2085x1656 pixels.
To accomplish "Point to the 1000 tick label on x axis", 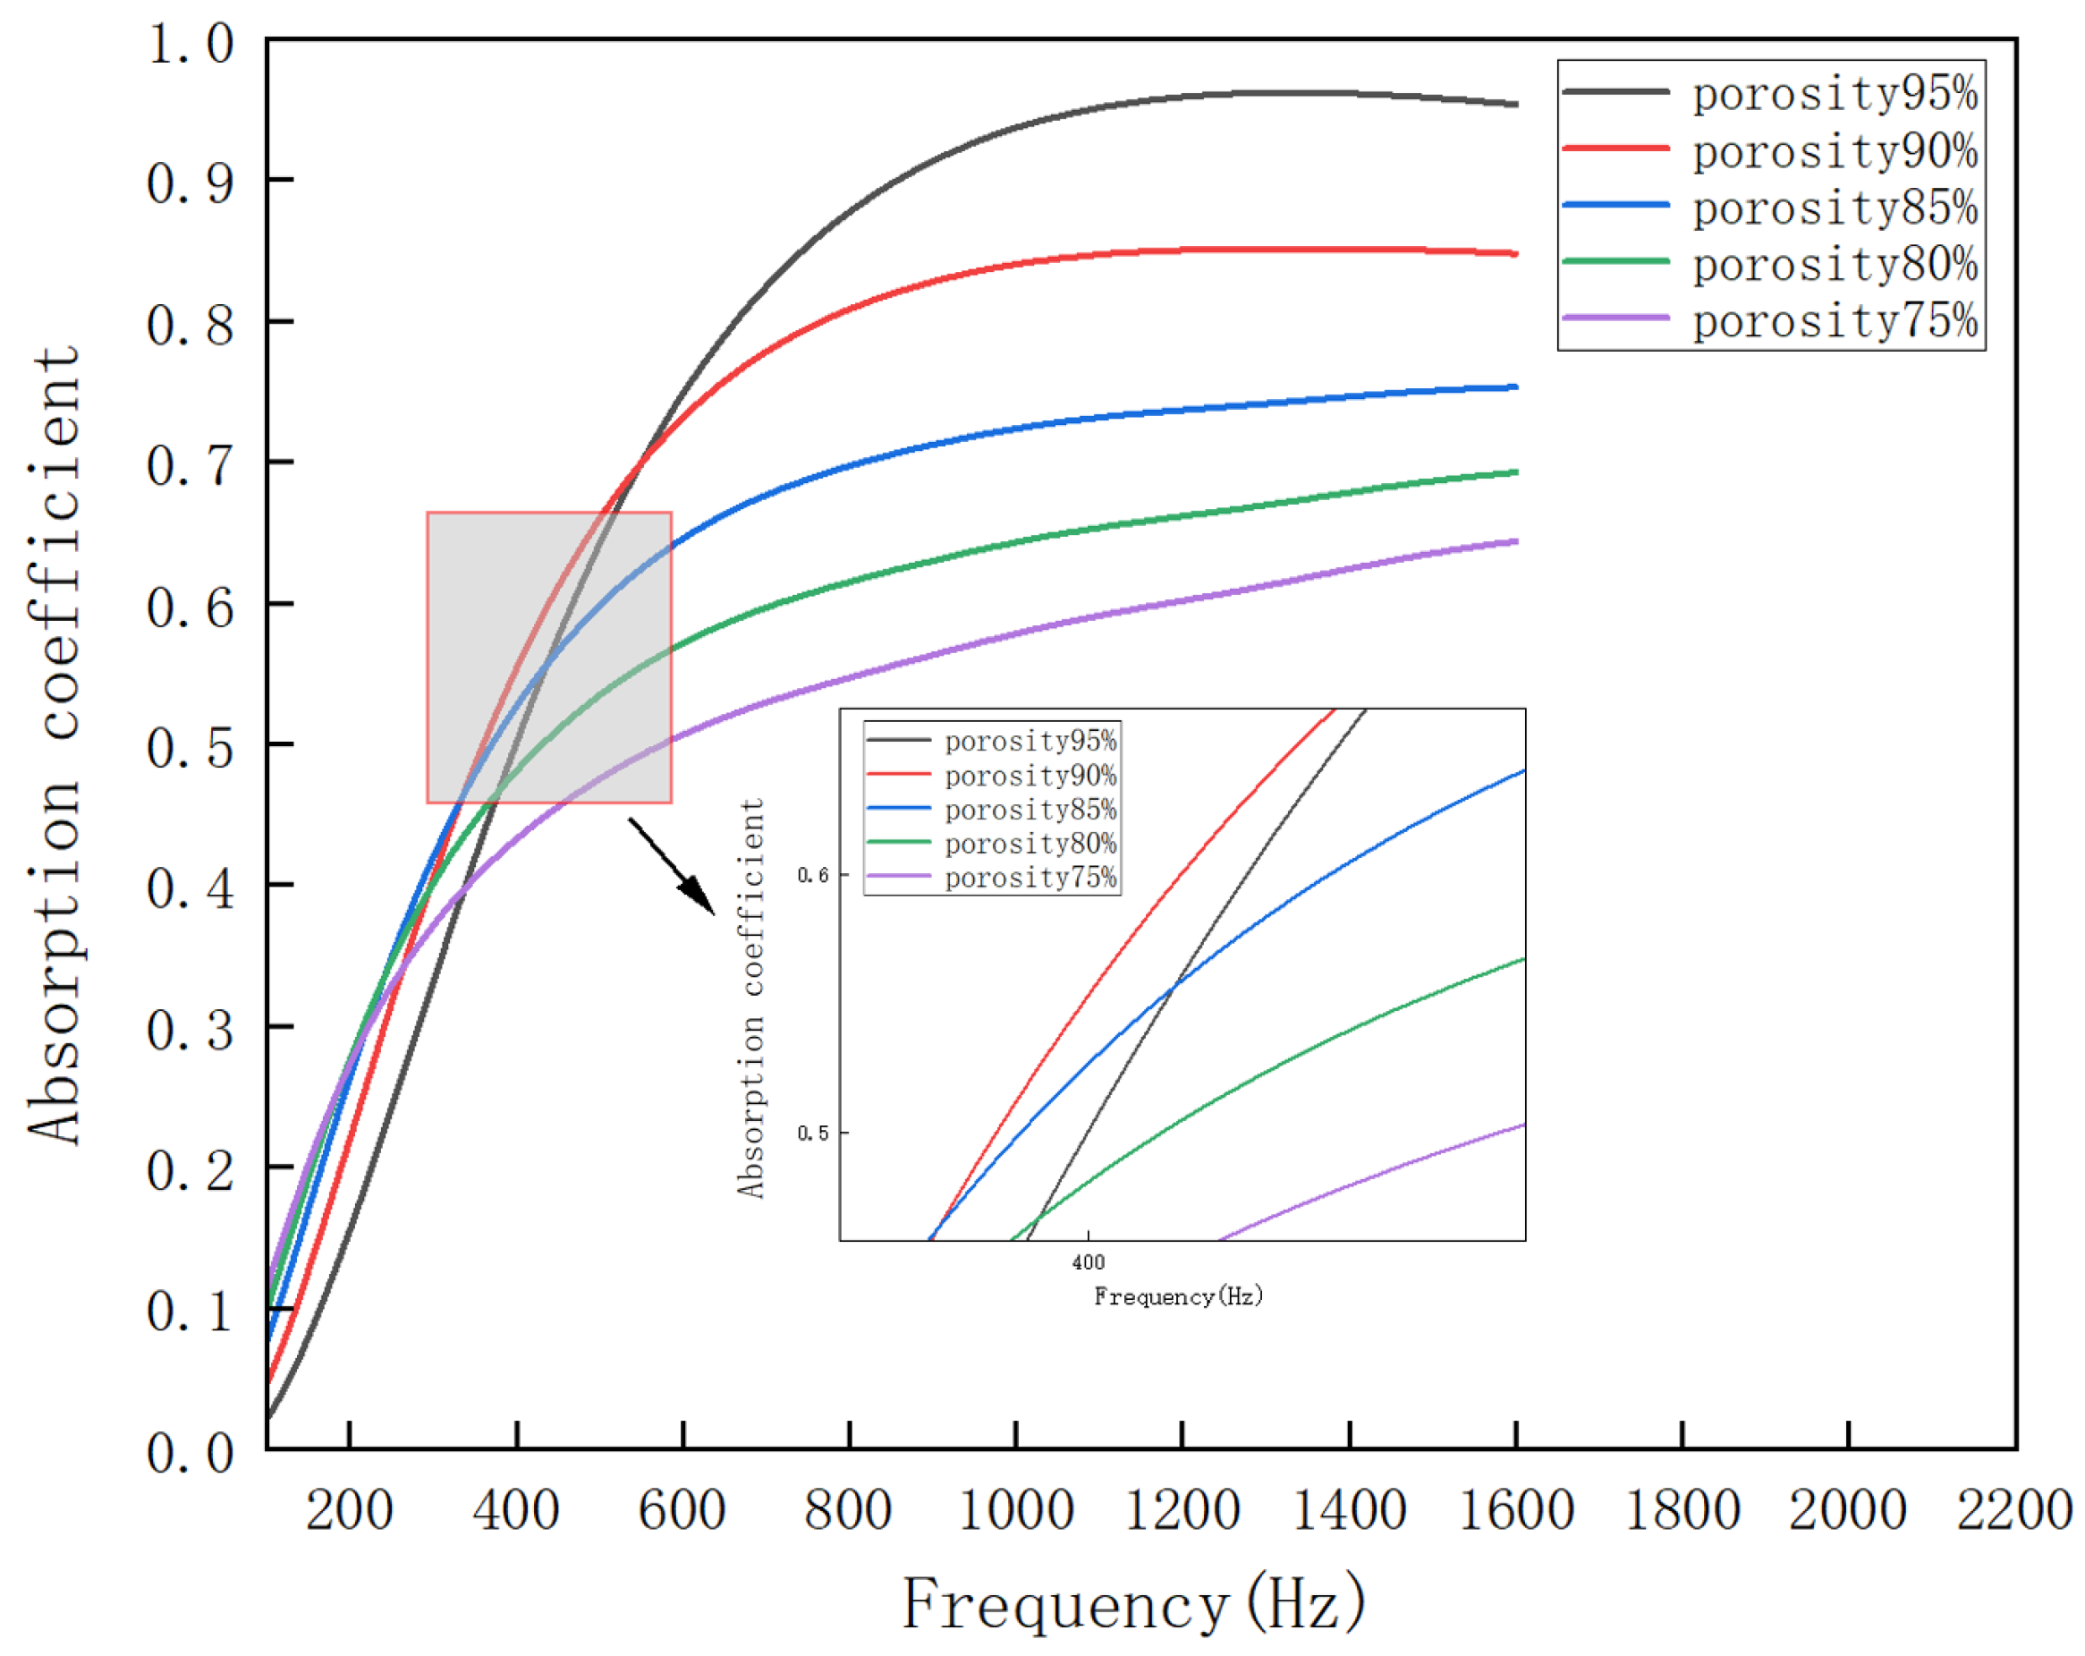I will [1015, 1511].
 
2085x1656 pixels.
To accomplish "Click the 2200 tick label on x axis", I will [2013, 1511].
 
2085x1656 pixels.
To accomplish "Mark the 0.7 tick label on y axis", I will [191, 465].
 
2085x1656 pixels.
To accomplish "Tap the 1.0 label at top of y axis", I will [191, 44].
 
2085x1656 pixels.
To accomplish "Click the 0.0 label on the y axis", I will [191, 1452].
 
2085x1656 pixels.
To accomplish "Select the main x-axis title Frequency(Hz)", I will [1133, 1604].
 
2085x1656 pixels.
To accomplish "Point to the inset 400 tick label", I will [1088, 1262].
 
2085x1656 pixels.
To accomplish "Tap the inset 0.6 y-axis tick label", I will [812, 875].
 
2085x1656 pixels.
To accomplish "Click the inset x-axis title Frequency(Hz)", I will [1178, 1297].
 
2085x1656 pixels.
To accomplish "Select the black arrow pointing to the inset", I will [673, 865].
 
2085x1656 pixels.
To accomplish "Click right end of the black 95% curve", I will [1514, 104].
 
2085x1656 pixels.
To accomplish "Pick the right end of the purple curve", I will [1514, 541].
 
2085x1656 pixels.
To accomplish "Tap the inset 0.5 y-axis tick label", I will [812, 1133].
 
